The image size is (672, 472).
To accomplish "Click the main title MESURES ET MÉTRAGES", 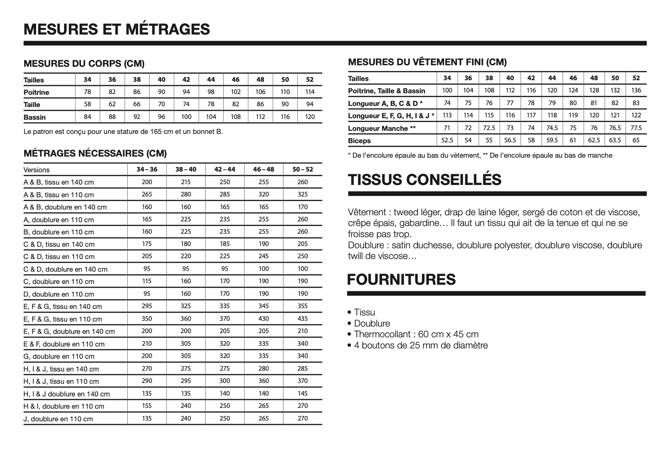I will pos(117,29).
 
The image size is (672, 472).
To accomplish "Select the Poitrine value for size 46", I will pos(236,92).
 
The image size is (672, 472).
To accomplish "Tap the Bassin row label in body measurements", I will pos(35,117).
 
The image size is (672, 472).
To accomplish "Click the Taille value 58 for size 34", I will pos(87,104).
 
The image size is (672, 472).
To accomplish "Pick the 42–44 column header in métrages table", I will pos(225,170).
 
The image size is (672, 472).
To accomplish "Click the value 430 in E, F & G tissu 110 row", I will pos(264,319).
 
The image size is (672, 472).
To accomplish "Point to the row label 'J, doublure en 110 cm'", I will pos(58,419).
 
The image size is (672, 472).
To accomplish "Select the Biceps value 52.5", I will pos(447,140).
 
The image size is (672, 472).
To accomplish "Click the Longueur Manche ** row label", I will pos(382,129).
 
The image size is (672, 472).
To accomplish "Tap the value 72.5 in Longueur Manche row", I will pos(489,128).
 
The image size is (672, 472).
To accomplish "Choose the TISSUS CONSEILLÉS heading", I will pos(424,180).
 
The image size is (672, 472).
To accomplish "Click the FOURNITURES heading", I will pos(401,279).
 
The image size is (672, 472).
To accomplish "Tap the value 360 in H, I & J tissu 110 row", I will pos(264,381).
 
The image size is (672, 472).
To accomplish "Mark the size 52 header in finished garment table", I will pos(636,78).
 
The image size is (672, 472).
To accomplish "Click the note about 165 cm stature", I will pos(123,132).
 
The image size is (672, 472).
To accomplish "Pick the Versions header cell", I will pos(36,170).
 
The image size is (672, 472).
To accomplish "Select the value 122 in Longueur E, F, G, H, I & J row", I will pos(636,116).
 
